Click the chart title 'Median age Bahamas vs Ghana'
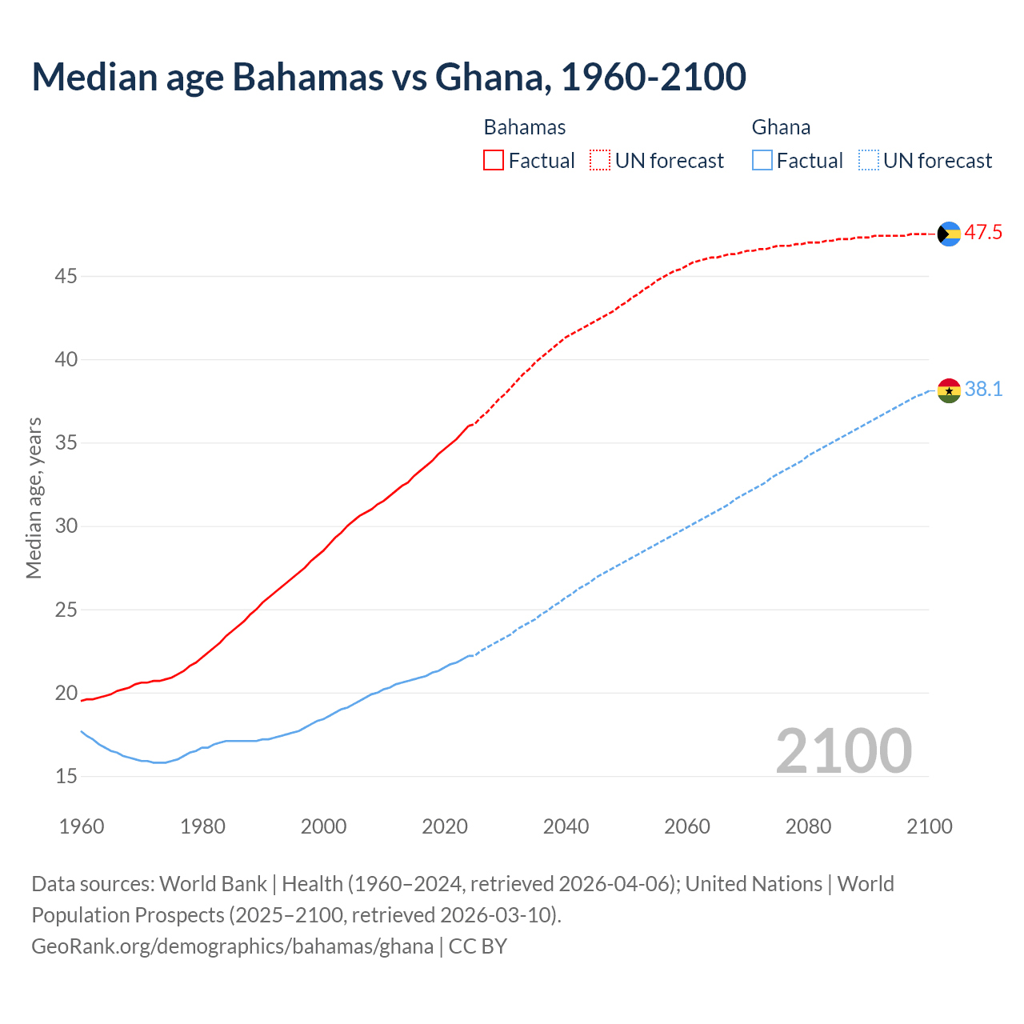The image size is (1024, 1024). tap(389, 77)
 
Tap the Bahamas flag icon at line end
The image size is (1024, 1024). tap(949, 234)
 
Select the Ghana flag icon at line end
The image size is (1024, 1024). tap(949, 390)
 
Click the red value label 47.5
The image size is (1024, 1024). tap(983, 233)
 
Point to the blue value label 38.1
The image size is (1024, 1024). tap(983, 390)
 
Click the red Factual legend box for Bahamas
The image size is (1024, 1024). tap(494, 161)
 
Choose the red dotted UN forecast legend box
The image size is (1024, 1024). tap(600, 161)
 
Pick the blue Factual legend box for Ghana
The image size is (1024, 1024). tap(762, 161)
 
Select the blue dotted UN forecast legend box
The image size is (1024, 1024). tap(869, 161)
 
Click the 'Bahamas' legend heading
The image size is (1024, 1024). tap(525, 127)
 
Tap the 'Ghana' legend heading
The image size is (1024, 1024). tap(781, 127)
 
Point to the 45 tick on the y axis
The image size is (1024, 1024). tap(66, 277)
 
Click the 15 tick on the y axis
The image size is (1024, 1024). tap(66, 776)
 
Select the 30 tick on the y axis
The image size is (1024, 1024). tap(66, 526)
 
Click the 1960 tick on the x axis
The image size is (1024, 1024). tap(82, 826)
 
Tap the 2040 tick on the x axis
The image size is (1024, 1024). tap(566, 826)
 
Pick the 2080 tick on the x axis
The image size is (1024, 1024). tap(808, 826)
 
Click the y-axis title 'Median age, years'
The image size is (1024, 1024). tap(34, 498)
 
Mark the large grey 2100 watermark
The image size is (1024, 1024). tap(844, 751)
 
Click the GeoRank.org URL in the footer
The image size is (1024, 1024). tap(232, 946)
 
